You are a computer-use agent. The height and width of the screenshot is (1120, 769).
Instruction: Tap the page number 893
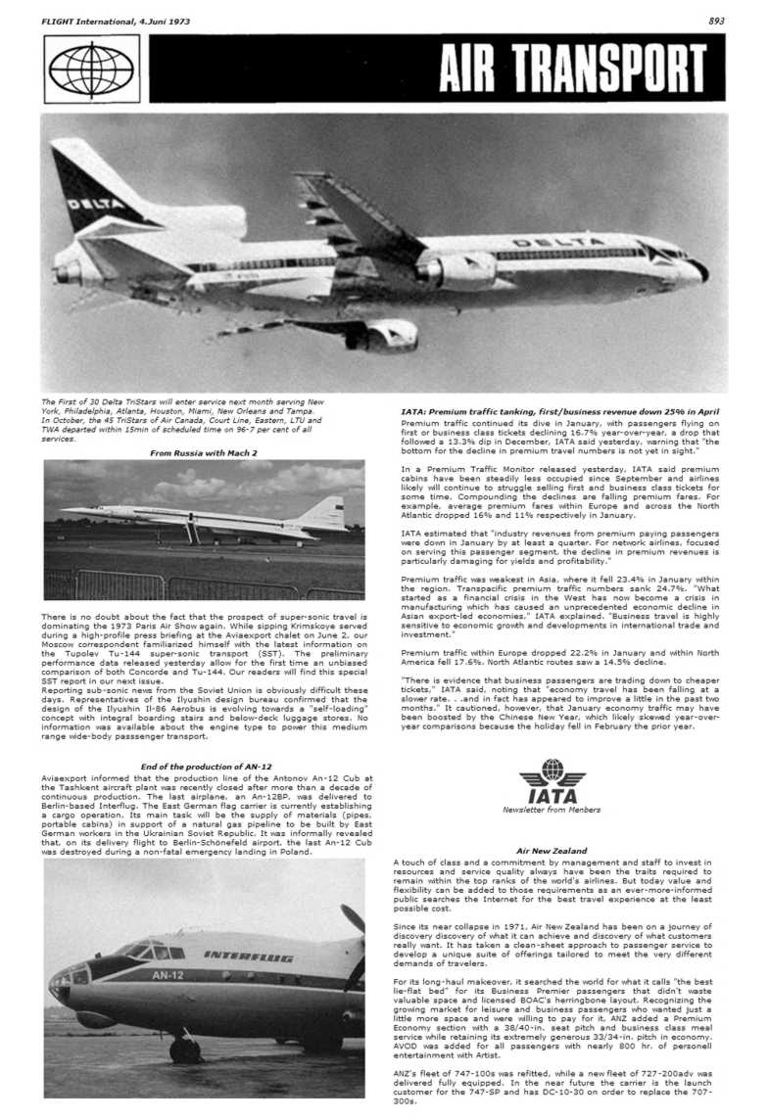(717, 20)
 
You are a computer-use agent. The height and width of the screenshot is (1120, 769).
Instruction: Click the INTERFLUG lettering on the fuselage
(249, 955)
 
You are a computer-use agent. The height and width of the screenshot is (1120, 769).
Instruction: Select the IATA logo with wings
(553, 784)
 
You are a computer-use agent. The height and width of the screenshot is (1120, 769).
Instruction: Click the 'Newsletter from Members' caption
(552, 811)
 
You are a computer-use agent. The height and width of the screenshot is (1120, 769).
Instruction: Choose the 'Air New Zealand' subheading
(551, 851)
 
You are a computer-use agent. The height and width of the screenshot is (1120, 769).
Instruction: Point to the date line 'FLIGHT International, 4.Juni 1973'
(104, 20)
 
